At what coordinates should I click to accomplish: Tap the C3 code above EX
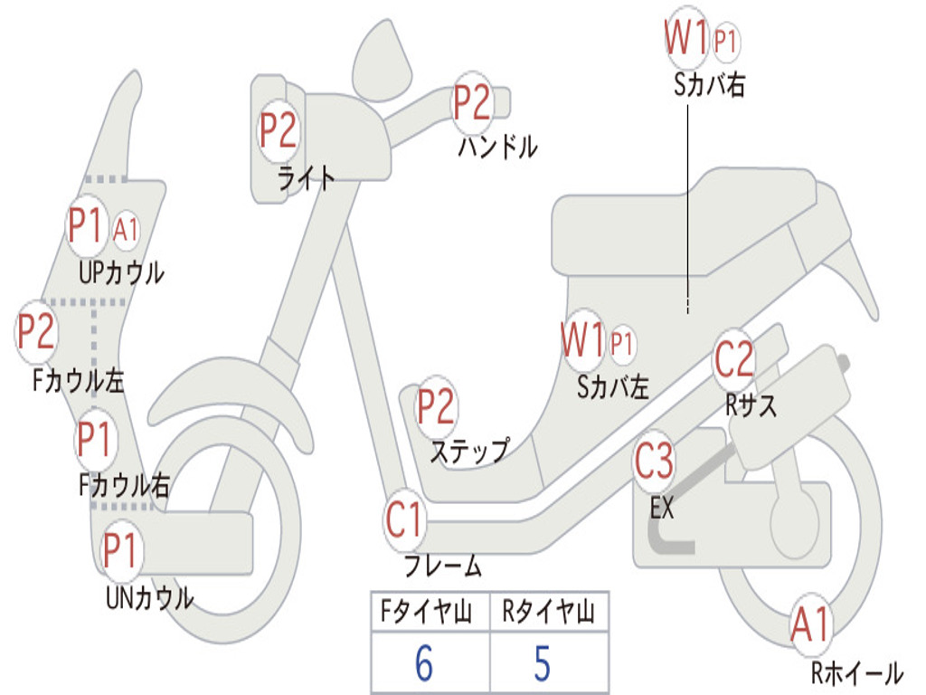pos(654,461)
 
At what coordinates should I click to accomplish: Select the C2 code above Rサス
pos(733,360)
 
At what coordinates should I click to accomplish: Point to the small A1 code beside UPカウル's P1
pos(126,230)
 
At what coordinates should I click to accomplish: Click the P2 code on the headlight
pos(279,130)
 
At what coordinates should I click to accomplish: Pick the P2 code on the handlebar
pos(471,102)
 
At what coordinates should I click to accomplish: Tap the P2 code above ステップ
pos(435,407)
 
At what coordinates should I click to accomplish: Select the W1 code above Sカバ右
pos(685,39)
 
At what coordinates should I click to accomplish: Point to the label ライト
pos(307,176)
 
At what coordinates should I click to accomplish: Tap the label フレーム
pos(442,566)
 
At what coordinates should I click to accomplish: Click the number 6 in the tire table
pos(424,664)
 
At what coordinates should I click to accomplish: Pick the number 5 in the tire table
pos(542,664)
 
